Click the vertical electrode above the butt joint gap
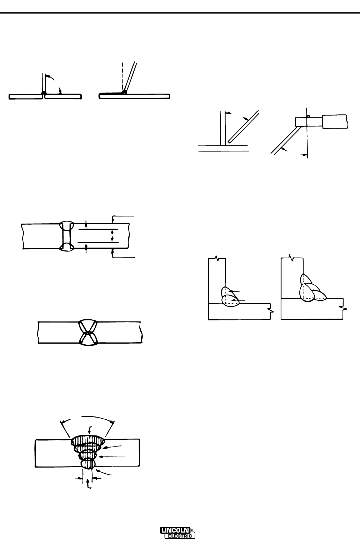[43, 82]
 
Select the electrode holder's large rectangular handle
[335, 121]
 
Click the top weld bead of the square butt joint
[67, 226]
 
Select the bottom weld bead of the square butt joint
[67, 247]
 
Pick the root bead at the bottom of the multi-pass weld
[87, 464]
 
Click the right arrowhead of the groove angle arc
[112, 423]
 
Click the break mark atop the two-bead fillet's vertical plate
[216, 257]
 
